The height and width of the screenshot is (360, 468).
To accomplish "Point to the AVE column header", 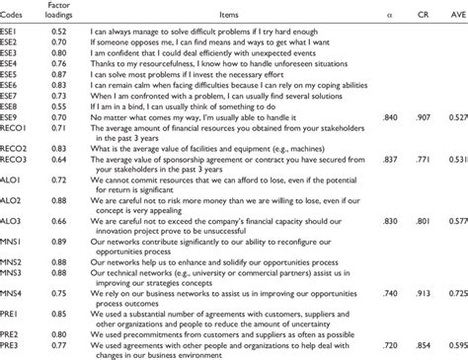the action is pos(455,11).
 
